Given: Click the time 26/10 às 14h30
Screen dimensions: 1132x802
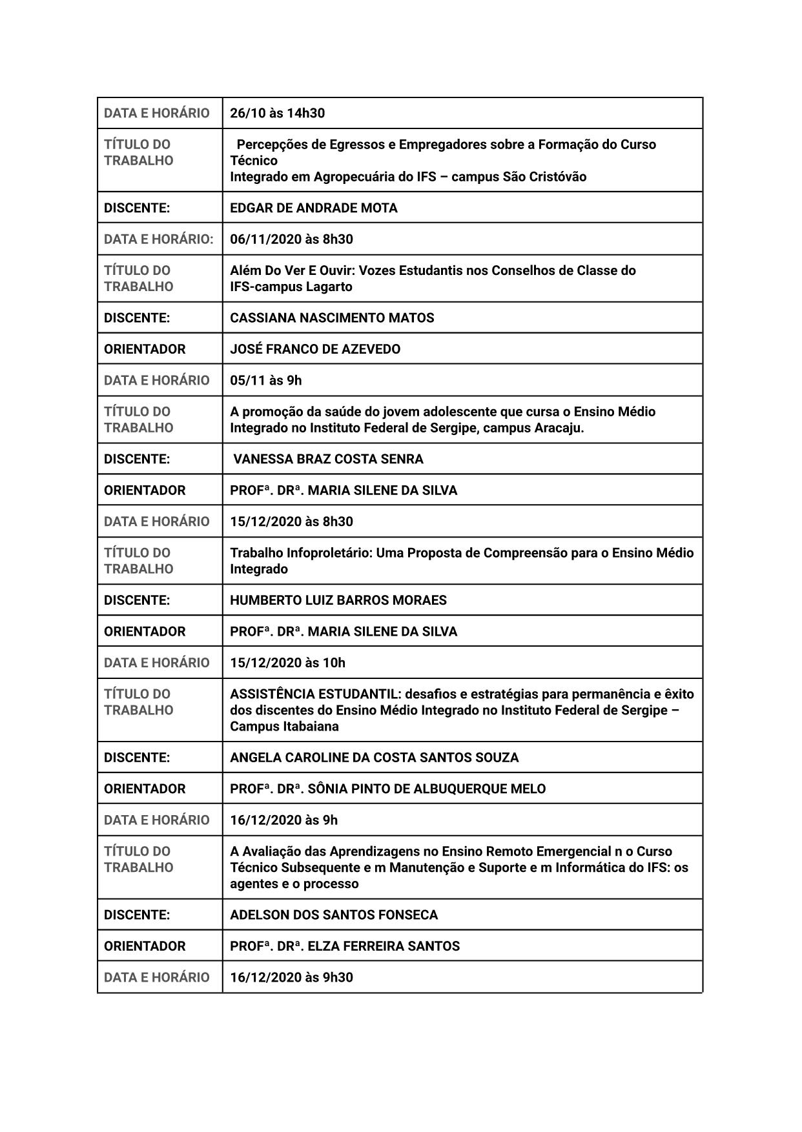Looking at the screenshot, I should coord(277,113).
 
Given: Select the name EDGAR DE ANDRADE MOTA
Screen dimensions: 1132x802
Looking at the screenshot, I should coord(313,208).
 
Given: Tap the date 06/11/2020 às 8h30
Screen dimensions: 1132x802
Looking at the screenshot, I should coord(291,239).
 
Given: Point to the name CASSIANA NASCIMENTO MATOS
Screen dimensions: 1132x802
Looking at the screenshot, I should coord(332,318).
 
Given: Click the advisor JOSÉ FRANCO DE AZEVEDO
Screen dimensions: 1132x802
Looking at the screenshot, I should coord(315,349).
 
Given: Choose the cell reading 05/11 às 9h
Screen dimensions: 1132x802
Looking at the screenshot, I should coord(265,380).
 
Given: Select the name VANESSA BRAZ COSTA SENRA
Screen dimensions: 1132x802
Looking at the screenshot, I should coord(328,459).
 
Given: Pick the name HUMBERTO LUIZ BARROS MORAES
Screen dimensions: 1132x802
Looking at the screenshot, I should coord(338,600).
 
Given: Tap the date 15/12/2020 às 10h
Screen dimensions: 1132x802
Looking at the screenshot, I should coord(287,663).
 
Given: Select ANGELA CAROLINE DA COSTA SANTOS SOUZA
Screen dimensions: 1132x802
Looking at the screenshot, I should coord(374,758).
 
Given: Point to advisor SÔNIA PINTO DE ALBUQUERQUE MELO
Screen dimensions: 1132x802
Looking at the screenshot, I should coord(426,789).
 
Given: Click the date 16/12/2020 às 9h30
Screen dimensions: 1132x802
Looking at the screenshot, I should coord(291,977).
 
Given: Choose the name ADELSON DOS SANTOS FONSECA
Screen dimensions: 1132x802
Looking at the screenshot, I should coord(333,915).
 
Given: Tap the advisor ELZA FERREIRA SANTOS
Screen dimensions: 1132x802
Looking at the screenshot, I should coord(384,946).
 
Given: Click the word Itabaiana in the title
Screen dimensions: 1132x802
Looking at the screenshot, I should coord(311,726).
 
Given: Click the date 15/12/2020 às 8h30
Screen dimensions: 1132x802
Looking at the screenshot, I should coord(291,521).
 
